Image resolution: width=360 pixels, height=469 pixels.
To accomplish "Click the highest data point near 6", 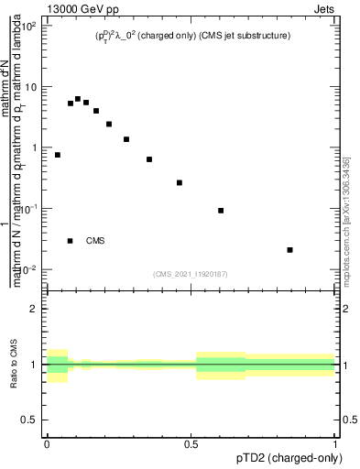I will (78, 99).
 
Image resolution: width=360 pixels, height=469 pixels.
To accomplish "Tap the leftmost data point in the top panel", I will (58, 155).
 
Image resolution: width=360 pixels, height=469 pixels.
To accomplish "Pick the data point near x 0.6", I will (221, 211).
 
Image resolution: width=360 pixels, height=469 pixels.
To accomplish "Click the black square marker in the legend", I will (70, 241).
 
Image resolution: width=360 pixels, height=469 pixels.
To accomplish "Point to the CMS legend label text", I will (95, 241).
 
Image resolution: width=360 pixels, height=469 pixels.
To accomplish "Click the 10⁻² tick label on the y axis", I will (28, 269).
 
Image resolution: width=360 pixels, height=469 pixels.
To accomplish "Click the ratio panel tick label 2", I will (34, 309).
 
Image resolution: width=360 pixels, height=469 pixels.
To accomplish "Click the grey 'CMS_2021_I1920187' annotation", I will (191, 274).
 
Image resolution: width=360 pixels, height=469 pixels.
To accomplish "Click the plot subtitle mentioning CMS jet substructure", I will (191, 36).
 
